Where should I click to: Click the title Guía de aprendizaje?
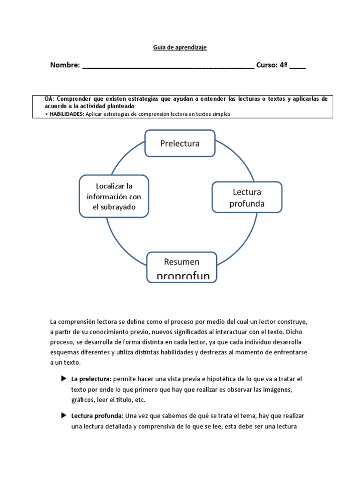click(180, 47)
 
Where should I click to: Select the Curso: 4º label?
click(271, 65)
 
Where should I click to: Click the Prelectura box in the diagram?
click(180, 143)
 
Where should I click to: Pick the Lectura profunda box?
click(247, 198)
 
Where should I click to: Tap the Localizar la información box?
click(114, 196)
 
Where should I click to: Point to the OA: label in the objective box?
click(49, 99)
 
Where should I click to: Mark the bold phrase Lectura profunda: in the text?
click(97, 416)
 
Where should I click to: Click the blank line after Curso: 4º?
click(298, 67)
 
